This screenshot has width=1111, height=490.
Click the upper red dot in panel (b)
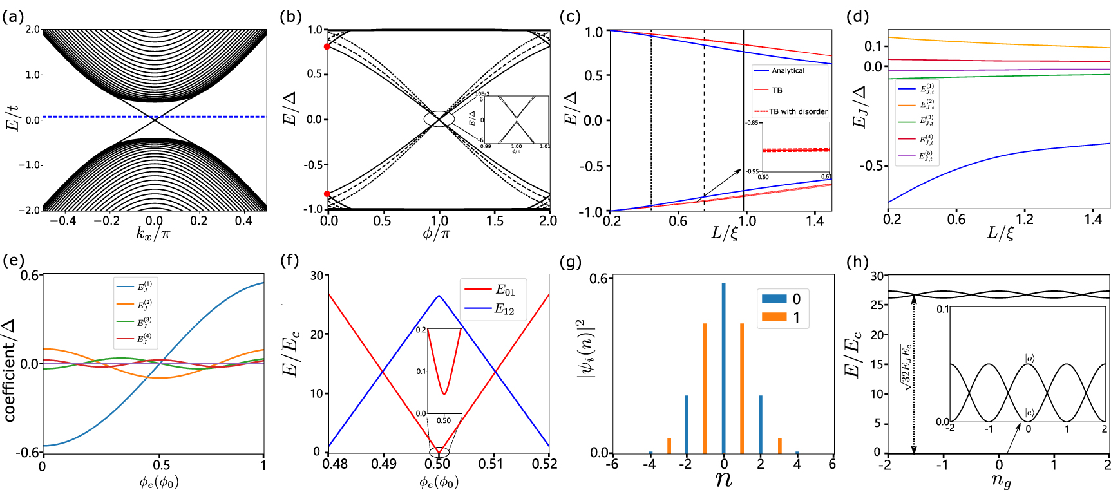(x=327, y=46)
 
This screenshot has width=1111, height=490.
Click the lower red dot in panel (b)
(x=327, y=194)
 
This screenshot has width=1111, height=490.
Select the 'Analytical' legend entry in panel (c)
(x=788, y=71)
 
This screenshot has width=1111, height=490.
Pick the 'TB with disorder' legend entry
(x=798, y=111)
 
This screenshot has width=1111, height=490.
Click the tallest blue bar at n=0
(x=724, y=367)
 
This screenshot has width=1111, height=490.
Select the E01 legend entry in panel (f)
(x=505, y=290)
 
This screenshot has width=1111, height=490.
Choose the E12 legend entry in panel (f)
(x=505, y=309)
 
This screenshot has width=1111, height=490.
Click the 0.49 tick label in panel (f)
(x=384, y=464)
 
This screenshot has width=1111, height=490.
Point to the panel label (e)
(x=13, y=261)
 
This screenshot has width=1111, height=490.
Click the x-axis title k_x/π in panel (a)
(x=153, y=233)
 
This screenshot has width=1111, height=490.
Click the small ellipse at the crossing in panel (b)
(x=439, y=119)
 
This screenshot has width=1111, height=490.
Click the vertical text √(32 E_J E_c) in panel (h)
(x=907, y=368)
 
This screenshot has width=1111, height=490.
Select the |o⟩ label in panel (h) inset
(x=1030, y=358)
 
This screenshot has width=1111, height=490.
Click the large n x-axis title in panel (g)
(x=724, y=479)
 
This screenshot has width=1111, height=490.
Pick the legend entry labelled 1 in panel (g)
(x=796, y=317)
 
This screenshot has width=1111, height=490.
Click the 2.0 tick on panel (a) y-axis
(x=32, y=30)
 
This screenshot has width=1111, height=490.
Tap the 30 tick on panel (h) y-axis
(x=877, y=276)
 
